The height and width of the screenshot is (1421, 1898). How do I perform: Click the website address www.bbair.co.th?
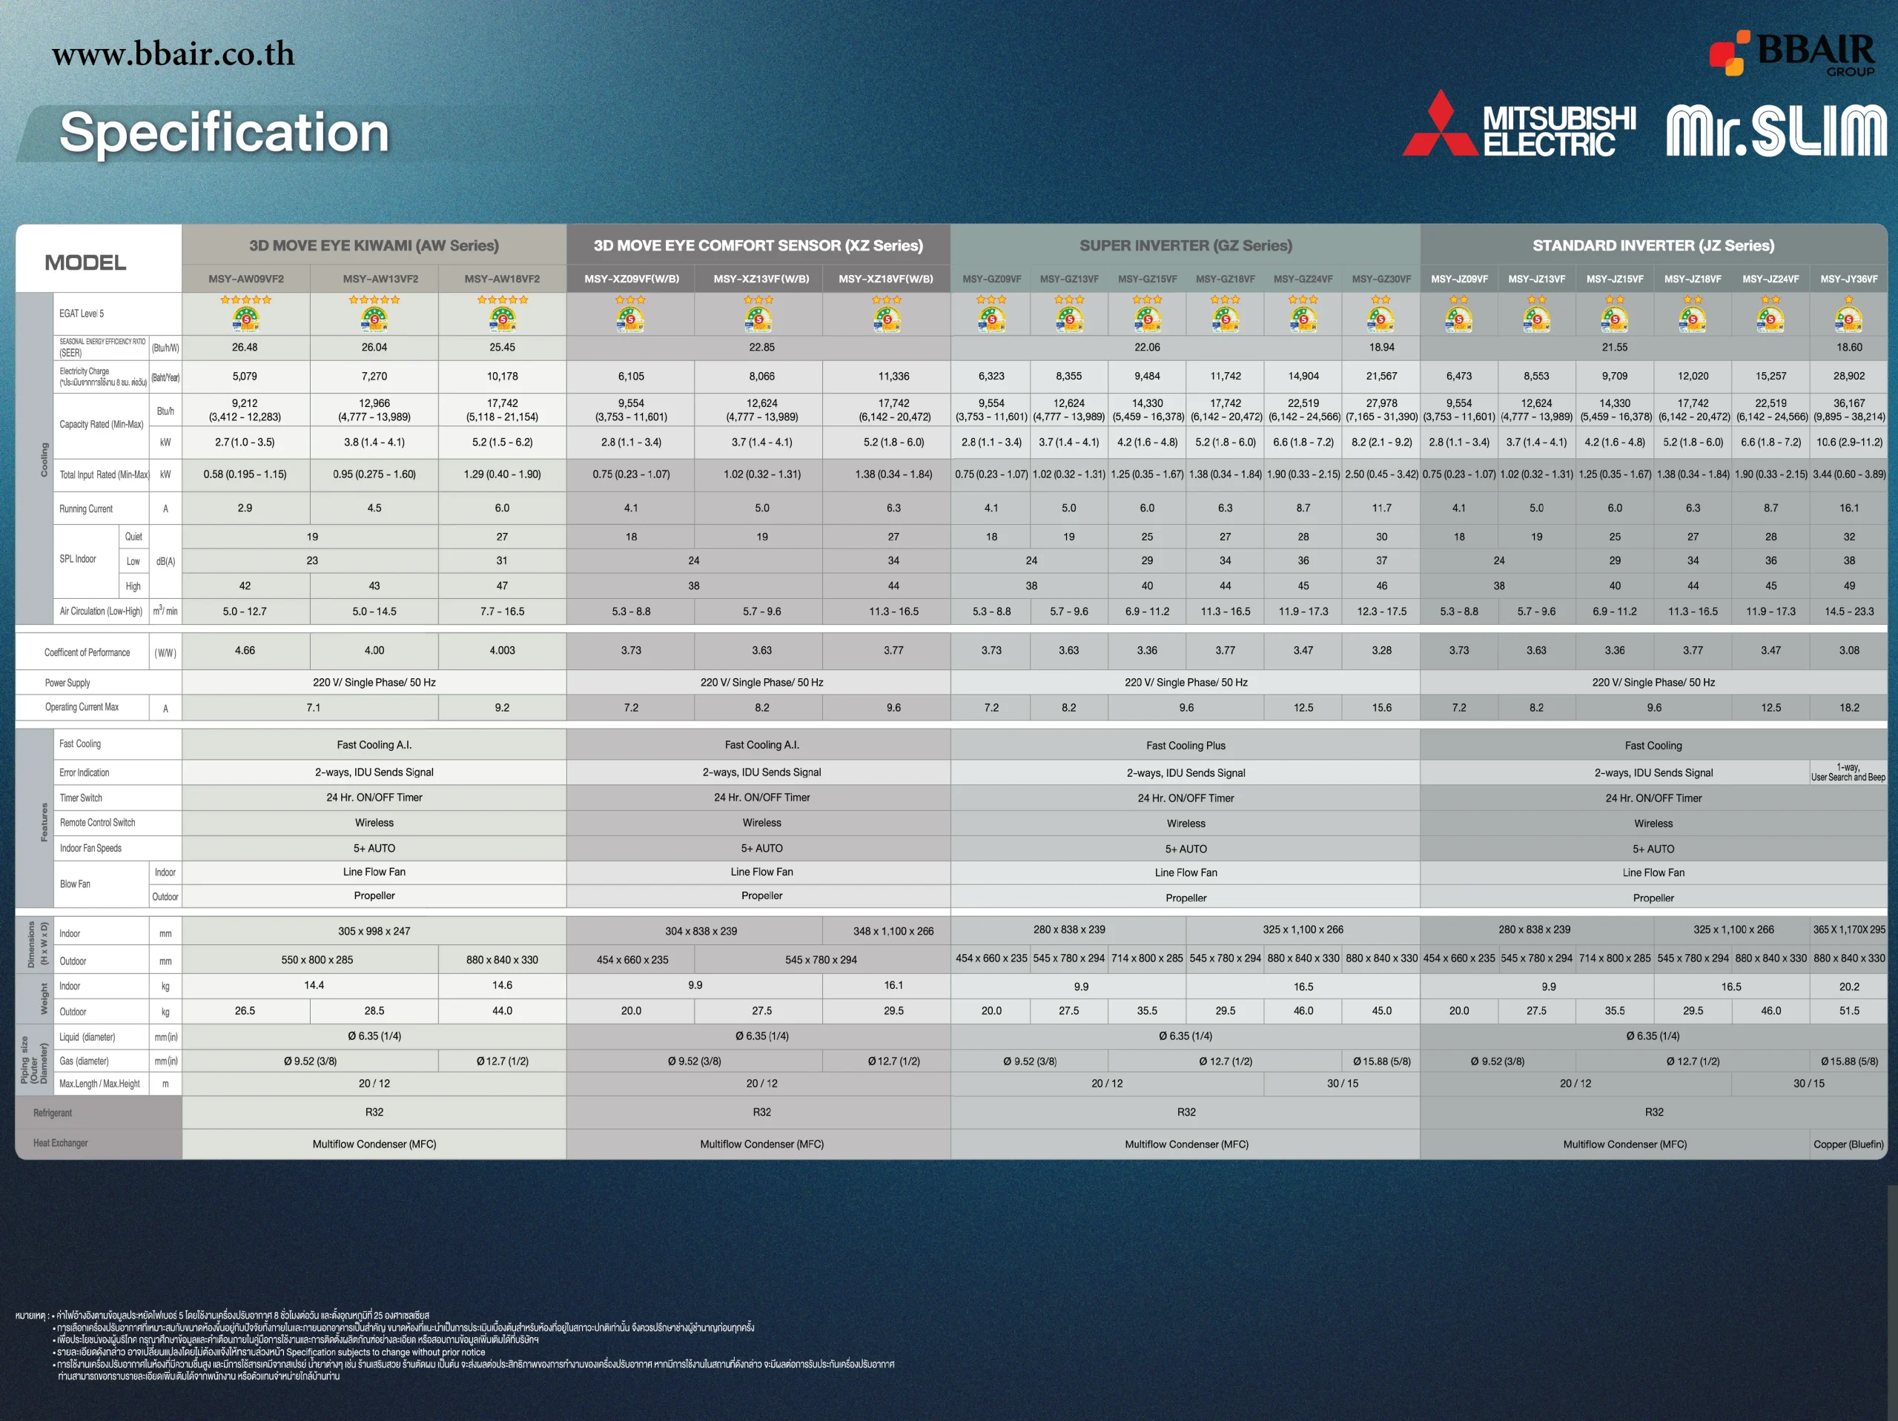click(173, 54)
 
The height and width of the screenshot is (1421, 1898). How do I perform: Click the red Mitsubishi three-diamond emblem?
click(1440, 125)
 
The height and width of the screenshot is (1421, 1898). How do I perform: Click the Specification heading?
click(224, 133)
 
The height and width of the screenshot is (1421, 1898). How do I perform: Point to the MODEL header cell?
click(85, 262)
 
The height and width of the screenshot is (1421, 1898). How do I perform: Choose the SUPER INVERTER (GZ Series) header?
click(1185, 245)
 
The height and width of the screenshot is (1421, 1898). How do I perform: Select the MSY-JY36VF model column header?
click(1848, 279)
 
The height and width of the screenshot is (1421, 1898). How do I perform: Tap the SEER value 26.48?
click(245, 348)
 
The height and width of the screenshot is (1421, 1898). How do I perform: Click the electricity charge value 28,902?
click(1848, 376)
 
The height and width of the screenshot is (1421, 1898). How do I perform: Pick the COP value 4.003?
click(502, 650)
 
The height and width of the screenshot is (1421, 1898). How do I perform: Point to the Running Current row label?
click(86, 509)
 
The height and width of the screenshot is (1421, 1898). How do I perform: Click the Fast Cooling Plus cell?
click(1185, 746)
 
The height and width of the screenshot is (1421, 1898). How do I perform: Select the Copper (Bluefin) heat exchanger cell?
click(1848, 1144)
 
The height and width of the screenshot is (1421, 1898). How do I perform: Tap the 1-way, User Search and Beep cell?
click(1848, 772)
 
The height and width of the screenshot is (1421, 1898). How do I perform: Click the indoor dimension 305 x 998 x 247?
click(374, 931)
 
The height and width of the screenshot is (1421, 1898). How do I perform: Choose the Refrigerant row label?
click(53, 1113)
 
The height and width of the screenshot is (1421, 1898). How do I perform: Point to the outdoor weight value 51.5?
click(1848, 1011)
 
